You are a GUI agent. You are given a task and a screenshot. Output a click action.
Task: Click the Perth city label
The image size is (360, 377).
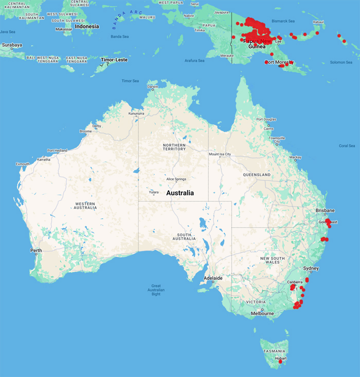36,251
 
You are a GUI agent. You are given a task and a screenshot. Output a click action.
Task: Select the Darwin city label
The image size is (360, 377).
153,87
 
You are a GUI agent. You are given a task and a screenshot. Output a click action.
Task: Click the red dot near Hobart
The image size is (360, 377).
280,362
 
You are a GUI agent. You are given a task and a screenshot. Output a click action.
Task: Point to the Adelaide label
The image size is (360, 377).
213,278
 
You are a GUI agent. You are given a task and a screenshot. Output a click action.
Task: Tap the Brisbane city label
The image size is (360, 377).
325,211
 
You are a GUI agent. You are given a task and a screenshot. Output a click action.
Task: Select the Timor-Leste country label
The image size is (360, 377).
114,60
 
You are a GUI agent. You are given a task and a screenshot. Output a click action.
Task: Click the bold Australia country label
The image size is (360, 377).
180,193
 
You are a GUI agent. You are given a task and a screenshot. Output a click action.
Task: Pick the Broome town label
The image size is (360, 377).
85,131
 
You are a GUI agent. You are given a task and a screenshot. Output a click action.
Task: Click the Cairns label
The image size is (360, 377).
268,128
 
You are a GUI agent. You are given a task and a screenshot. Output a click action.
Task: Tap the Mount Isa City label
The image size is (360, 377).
220,154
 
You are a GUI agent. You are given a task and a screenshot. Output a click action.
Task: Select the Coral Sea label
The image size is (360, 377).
347,145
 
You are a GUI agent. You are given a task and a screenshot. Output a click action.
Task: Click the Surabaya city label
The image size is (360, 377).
12,45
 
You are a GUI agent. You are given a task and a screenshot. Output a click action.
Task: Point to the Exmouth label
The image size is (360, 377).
23,164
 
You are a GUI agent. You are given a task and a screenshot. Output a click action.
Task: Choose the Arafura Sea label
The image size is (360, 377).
194,61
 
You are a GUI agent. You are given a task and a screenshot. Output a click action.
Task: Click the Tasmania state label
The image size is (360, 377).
273,351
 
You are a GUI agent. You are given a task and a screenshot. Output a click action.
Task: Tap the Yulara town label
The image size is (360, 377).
154,193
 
